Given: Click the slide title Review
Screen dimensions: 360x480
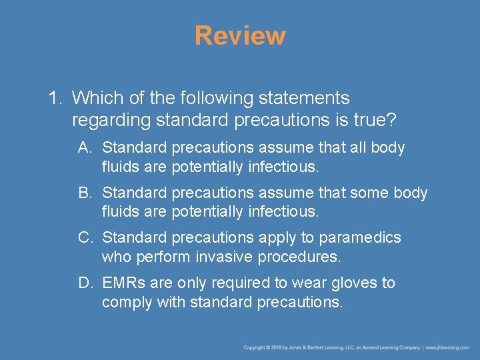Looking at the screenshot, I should click(x=240, y=36).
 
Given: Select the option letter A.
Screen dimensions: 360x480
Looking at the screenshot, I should click(x=85, y=147).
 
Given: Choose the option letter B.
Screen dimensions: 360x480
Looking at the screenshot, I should click(x=85, y=193).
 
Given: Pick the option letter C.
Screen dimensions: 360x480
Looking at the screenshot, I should click(x=85, y=238).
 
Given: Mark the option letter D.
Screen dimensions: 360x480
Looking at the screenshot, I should click(x=85, y=283).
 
